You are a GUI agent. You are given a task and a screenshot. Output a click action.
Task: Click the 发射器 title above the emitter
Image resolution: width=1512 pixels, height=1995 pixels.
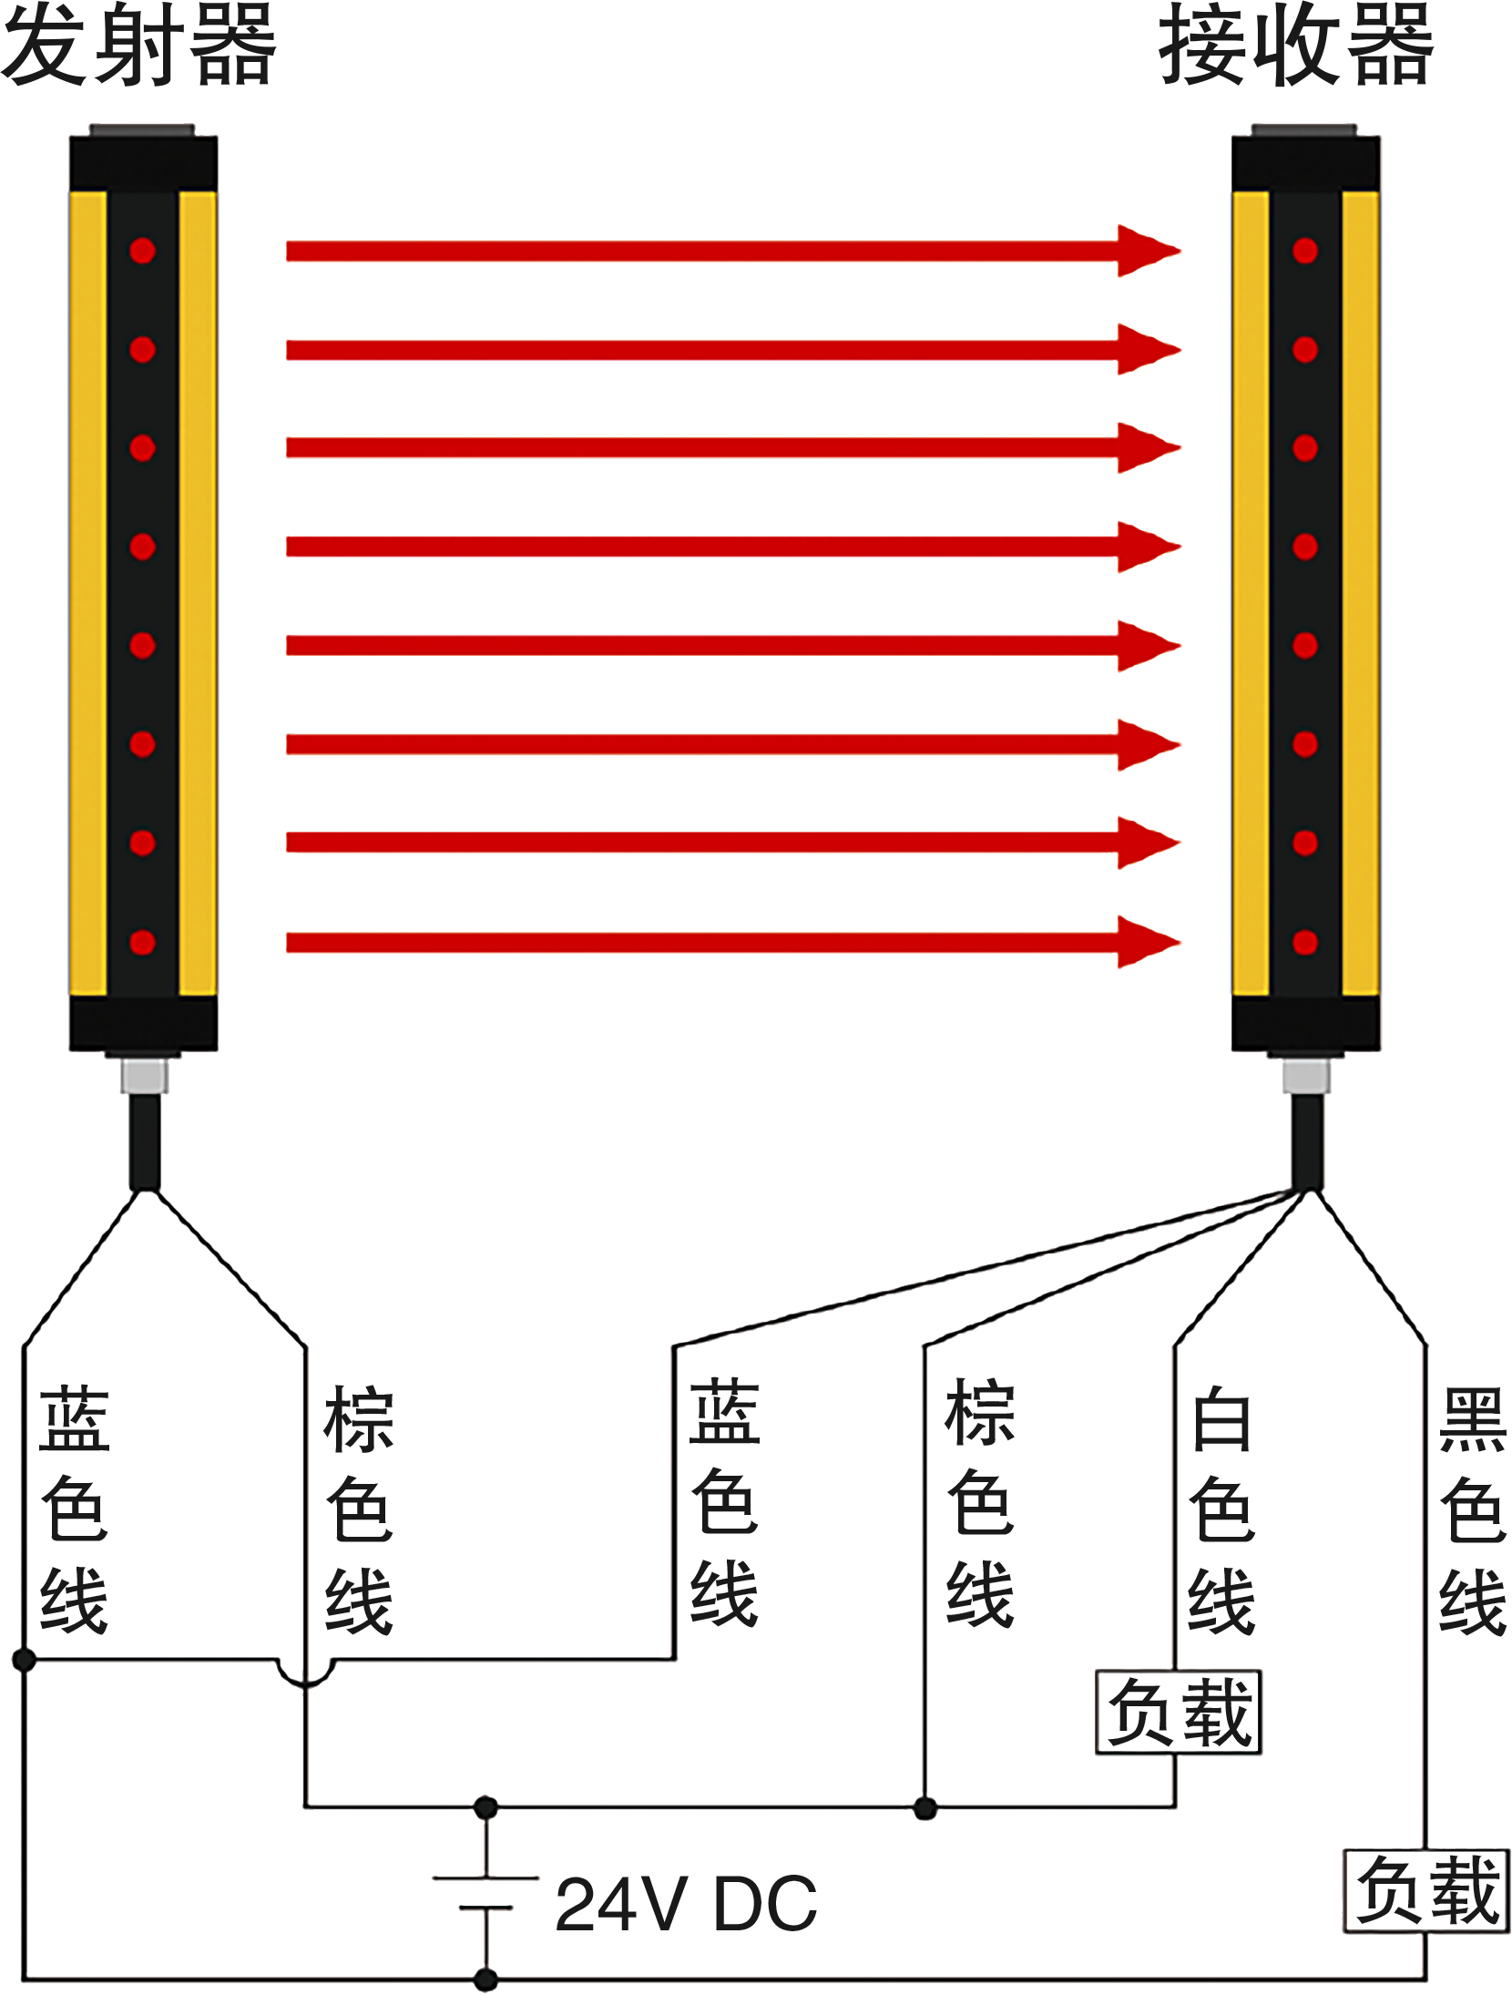click(138, 46)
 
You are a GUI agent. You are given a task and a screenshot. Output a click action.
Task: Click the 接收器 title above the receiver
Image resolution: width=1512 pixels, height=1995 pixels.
click(1296, 46)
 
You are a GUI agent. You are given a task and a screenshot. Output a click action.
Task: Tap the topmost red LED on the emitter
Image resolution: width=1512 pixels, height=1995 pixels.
click(142, 251)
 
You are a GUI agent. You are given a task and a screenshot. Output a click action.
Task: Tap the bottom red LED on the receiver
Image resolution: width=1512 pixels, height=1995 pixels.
click(1305, 942)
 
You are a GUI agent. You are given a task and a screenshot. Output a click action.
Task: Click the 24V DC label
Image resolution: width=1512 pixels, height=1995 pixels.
click(686, 1904)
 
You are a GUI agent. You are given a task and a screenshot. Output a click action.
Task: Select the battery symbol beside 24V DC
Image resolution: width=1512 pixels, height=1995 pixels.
click(486, 1892)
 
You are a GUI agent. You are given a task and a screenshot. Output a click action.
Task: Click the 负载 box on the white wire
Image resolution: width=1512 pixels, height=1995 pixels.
click(1179, 1712)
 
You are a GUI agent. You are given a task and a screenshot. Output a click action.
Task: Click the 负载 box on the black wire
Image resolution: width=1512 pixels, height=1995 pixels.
click(1426, 1890)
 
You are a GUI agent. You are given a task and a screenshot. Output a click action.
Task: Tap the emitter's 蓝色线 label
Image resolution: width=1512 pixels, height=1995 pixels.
click(75, 1509)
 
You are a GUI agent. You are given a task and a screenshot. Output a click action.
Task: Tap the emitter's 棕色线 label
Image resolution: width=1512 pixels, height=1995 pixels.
click(359, 1509)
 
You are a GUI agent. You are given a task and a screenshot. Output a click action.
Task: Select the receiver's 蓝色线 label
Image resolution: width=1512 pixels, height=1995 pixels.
click(724, 1503)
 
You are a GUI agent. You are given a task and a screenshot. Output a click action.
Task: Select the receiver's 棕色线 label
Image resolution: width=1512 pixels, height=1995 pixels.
click(980, 1503)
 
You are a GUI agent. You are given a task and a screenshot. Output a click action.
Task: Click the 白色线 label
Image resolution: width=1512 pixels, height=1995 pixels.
click(1222, 1509)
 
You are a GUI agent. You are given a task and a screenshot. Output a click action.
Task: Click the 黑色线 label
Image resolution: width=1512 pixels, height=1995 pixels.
click(1473, 1509)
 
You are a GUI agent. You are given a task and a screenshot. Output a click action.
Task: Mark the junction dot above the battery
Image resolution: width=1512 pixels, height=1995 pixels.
click(486, 1808)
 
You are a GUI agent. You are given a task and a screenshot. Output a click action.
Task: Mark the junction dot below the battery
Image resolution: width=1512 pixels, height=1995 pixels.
click(486, 1979)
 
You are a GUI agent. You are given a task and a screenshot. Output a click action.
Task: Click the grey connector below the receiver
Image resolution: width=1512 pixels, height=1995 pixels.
click(1306, 1075)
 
